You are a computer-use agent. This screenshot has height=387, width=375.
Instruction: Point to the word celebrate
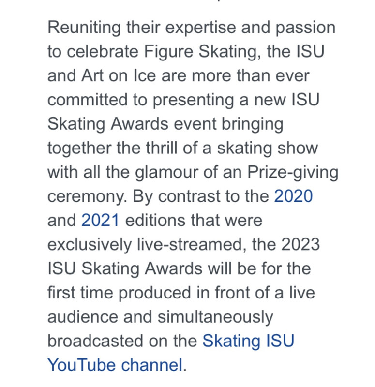[103, 51]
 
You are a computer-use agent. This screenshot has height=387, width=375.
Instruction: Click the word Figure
[168, 52]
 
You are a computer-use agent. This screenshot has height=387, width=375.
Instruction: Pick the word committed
[88, 100]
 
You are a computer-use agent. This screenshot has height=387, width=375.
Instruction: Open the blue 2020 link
[293, 196]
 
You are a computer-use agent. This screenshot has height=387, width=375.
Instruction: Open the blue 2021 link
[101, 221]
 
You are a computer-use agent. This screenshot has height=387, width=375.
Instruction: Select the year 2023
[300, 244]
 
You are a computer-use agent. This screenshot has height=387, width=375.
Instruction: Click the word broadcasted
[95, 341]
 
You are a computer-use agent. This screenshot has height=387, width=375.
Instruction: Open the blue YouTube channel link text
[115, 365]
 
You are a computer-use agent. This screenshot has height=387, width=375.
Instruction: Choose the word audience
[82, 317]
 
